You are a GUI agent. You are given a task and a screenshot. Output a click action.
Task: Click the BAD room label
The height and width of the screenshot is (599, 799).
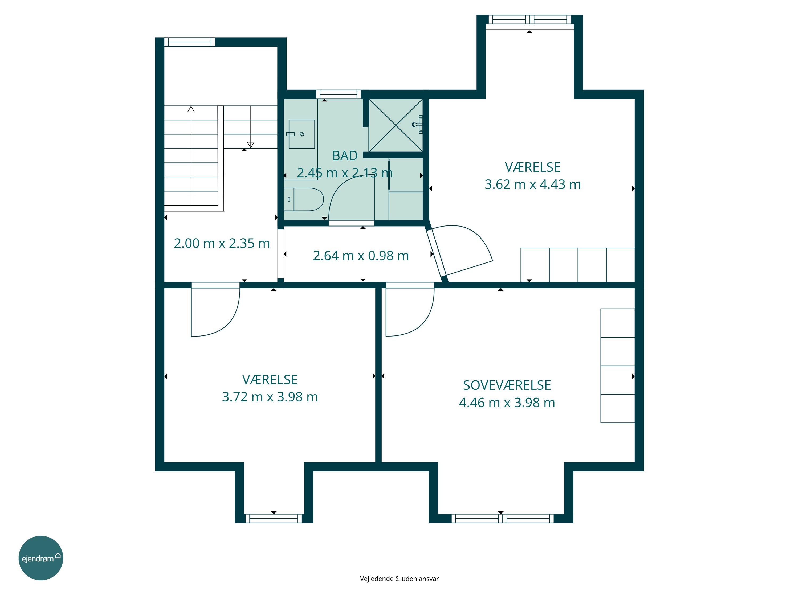(345, 156)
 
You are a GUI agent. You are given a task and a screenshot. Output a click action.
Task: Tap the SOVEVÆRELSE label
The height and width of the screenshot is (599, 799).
(507, 385)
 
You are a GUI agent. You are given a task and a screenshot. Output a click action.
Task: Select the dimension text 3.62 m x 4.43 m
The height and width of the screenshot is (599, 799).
(532, 184)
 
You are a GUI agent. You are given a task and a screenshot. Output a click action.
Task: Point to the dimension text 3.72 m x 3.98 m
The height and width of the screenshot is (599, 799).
(270, 397)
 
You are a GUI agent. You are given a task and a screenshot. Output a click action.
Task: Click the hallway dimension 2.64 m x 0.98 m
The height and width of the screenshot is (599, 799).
(361, 256)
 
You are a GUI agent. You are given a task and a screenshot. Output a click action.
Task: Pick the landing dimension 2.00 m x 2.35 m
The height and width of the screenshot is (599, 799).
(222, 243)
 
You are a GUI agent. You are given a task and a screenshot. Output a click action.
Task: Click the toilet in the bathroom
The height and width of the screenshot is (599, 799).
(303, 199)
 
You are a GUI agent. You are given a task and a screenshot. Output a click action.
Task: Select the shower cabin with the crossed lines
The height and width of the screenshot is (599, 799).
(396, 125)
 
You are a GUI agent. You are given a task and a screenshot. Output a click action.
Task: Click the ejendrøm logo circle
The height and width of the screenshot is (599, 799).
(41, 558)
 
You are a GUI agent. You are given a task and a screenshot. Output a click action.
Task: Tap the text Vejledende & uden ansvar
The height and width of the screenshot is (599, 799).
(399, 579)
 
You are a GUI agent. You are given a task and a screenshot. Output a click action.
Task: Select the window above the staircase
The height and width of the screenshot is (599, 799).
(190, 42)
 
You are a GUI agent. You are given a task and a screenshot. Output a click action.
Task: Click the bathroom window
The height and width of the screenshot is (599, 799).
(339, 94)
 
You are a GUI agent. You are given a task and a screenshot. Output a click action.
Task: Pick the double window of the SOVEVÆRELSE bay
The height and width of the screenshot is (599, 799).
(503, 519)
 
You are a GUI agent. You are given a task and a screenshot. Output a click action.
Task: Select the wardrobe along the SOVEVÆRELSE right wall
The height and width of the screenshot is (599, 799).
(618, 366)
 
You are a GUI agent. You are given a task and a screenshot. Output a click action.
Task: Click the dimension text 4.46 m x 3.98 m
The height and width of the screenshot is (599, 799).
(507, 403)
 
